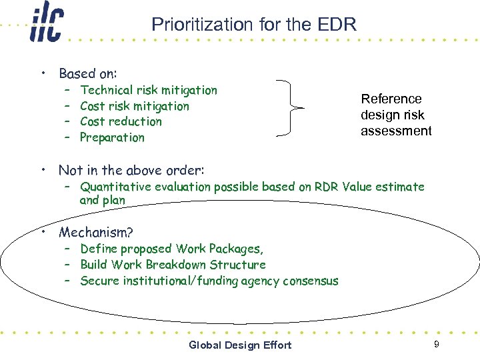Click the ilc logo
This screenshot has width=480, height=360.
[47, 25]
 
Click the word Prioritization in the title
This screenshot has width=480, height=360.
[193, 25]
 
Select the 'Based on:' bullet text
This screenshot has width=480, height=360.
[88, 73]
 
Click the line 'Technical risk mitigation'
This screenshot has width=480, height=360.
[148, 90]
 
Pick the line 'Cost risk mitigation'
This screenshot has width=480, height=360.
[134, 106]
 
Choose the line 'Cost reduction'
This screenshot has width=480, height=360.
[121, 121]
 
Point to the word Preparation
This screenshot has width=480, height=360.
[112, 137]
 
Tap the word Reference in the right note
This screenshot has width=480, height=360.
[391, 99]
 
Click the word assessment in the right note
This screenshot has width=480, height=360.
[396, 131]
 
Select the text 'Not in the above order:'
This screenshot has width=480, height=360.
[131, 170]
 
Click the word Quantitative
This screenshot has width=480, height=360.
[116, 187]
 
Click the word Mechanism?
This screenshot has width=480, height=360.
[96, 232]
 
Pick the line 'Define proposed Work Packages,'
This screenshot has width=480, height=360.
[171, 249]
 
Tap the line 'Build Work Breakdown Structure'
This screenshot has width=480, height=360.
[173, 265]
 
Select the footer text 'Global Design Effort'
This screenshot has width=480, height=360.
[240, 345]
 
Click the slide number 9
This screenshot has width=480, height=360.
[436, 344]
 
